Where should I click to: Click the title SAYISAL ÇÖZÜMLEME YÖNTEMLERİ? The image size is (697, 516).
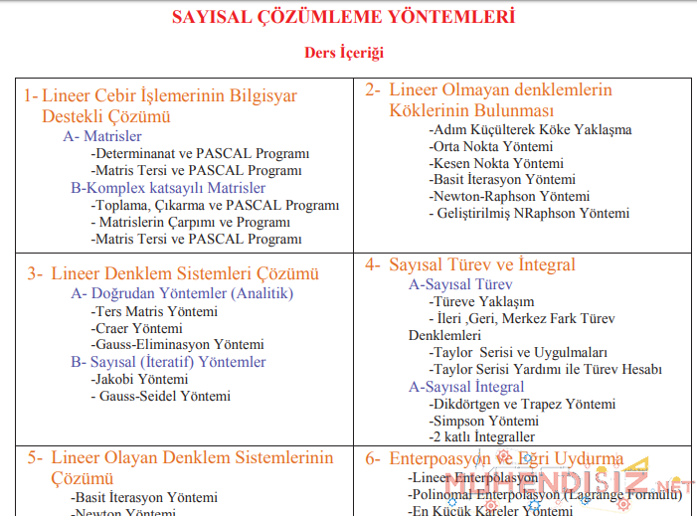point(344,18)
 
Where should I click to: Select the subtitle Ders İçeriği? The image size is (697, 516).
point(344,52)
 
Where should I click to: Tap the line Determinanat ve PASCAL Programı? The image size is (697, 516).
point(200,154)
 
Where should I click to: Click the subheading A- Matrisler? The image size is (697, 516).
point(102,136)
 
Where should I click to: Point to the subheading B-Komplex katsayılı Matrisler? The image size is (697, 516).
point(168,188)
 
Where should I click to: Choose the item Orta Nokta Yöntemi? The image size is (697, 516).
point(491,146)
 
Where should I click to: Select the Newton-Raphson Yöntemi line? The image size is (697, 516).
point(510,196)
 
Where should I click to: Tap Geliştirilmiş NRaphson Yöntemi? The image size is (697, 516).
point(530,213)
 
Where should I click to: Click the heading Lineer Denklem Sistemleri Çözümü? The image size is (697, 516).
point(185,273)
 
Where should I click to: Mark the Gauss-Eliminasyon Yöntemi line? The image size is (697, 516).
point(178,344)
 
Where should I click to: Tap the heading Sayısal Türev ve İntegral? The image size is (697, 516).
point(482,264)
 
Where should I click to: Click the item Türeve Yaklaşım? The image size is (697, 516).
point(481,301)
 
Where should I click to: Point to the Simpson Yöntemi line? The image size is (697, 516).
point(483,421)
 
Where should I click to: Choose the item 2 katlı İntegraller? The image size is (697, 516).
point(482,436)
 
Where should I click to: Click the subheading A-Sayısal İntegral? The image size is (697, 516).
point(466,387)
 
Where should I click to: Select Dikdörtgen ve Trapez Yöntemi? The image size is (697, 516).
point(522,405)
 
